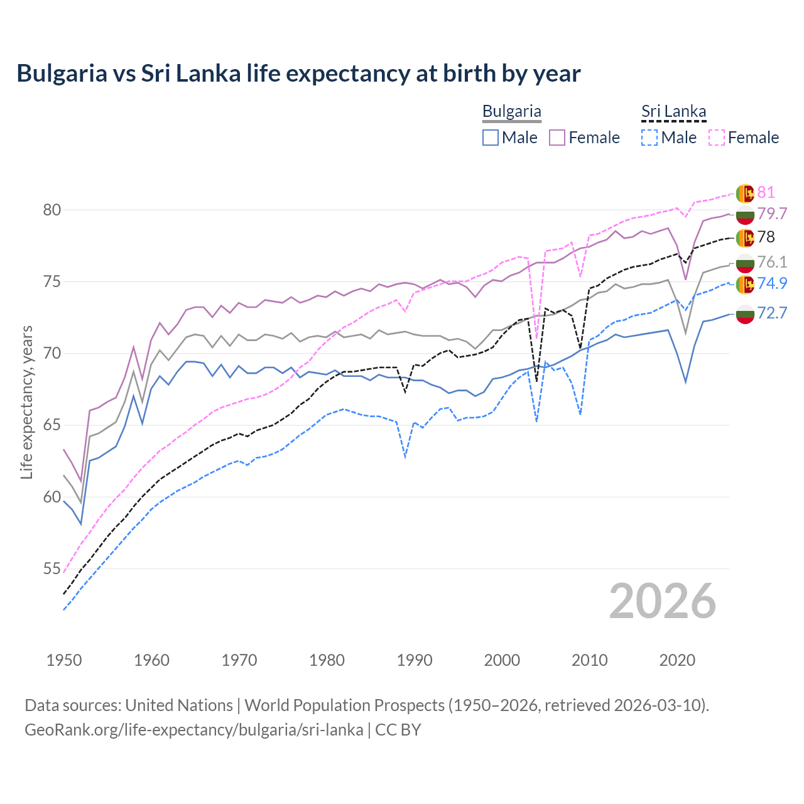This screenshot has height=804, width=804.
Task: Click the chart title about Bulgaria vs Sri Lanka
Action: (x=298, y=73)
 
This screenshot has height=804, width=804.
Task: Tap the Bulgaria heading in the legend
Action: (x=511, y=112)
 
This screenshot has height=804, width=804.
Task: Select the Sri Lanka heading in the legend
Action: (x=673, y=112)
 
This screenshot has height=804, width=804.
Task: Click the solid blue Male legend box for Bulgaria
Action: (x=491, y=138)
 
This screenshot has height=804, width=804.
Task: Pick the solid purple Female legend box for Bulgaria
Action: (x=557, y=138)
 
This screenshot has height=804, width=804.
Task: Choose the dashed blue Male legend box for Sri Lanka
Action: (x=649, y=138)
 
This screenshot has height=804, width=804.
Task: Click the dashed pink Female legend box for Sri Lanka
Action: (x=717, y=138)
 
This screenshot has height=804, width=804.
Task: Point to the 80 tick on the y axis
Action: (x=52, y=210)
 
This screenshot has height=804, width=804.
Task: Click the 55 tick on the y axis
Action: (x=52, y=569)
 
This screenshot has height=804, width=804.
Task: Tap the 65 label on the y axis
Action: (x=52, y=425)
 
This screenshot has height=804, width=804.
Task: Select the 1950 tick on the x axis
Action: (x=64, y=660)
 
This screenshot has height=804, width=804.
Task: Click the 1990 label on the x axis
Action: (x=415, y=660)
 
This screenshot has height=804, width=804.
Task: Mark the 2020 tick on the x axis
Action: (x=677, y=660)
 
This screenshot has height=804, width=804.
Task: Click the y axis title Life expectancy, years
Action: (x=26, y=402)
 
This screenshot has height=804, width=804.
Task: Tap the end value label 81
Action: (x=766, y=192)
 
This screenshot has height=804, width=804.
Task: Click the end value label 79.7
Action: (x=772, y=214)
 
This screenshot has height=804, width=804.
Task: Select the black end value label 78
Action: (x=766, y=237)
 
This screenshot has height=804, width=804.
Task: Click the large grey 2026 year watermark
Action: (x=662, y=601)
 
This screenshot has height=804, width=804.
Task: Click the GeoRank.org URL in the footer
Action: (x=193, y=730)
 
